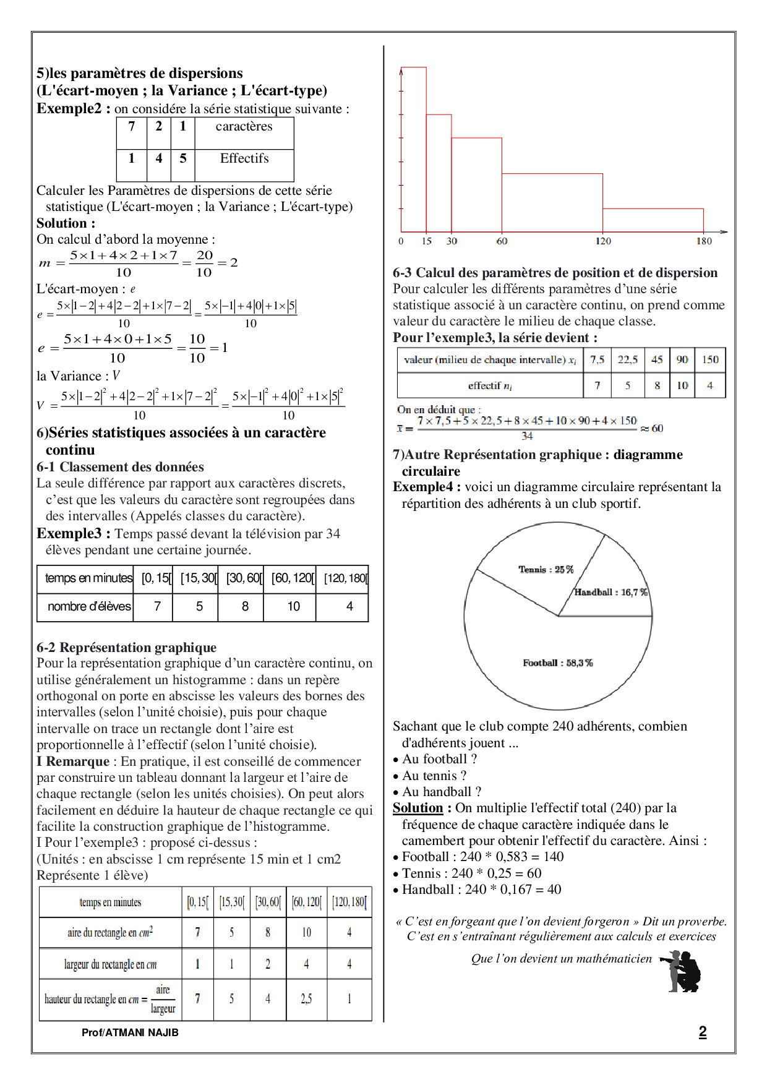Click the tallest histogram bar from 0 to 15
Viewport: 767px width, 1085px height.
[414, 148]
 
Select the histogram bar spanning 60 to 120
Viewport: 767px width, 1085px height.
[552, 202]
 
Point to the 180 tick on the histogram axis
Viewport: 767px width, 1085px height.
[704, 241]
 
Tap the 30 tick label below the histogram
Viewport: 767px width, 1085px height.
[452, 241]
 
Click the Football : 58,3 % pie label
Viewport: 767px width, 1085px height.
[557, 663]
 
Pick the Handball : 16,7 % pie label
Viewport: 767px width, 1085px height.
[611, 593]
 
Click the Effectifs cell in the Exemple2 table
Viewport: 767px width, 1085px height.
[244, 159]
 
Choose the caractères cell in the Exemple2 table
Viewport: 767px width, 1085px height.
[244, 127]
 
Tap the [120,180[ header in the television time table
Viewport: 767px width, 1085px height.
[346, 579]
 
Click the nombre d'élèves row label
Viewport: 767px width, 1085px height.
[89, 607]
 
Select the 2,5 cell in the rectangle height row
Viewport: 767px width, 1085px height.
[306, 999]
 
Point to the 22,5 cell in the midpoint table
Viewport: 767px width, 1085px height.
[627, 360]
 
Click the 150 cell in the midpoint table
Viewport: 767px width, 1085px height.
[710, 360]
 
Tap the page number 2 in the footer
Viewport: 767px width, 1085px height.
[702, 1032]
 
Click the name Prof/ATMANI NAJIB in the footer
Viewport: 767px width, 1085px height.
[130, 1033]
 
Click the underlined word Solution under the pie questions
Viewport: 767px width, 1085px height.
[418, 808]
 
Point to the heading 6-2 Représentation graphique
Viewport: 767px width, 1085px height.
[127, 648]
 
